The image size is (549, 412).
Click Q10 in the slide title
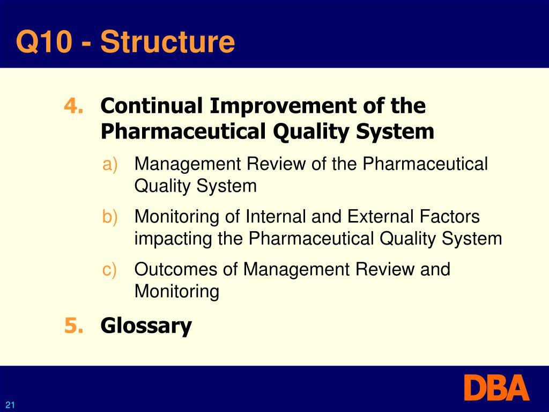tap(43, 42)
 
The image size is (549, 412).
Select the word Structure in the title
tap(168, 42)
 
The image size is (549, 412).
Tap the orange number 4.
tap(73, 106)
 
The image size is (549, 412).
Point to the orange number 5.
tap(73, 326)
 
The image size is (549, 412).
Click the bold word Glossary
tap(146, 326)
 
